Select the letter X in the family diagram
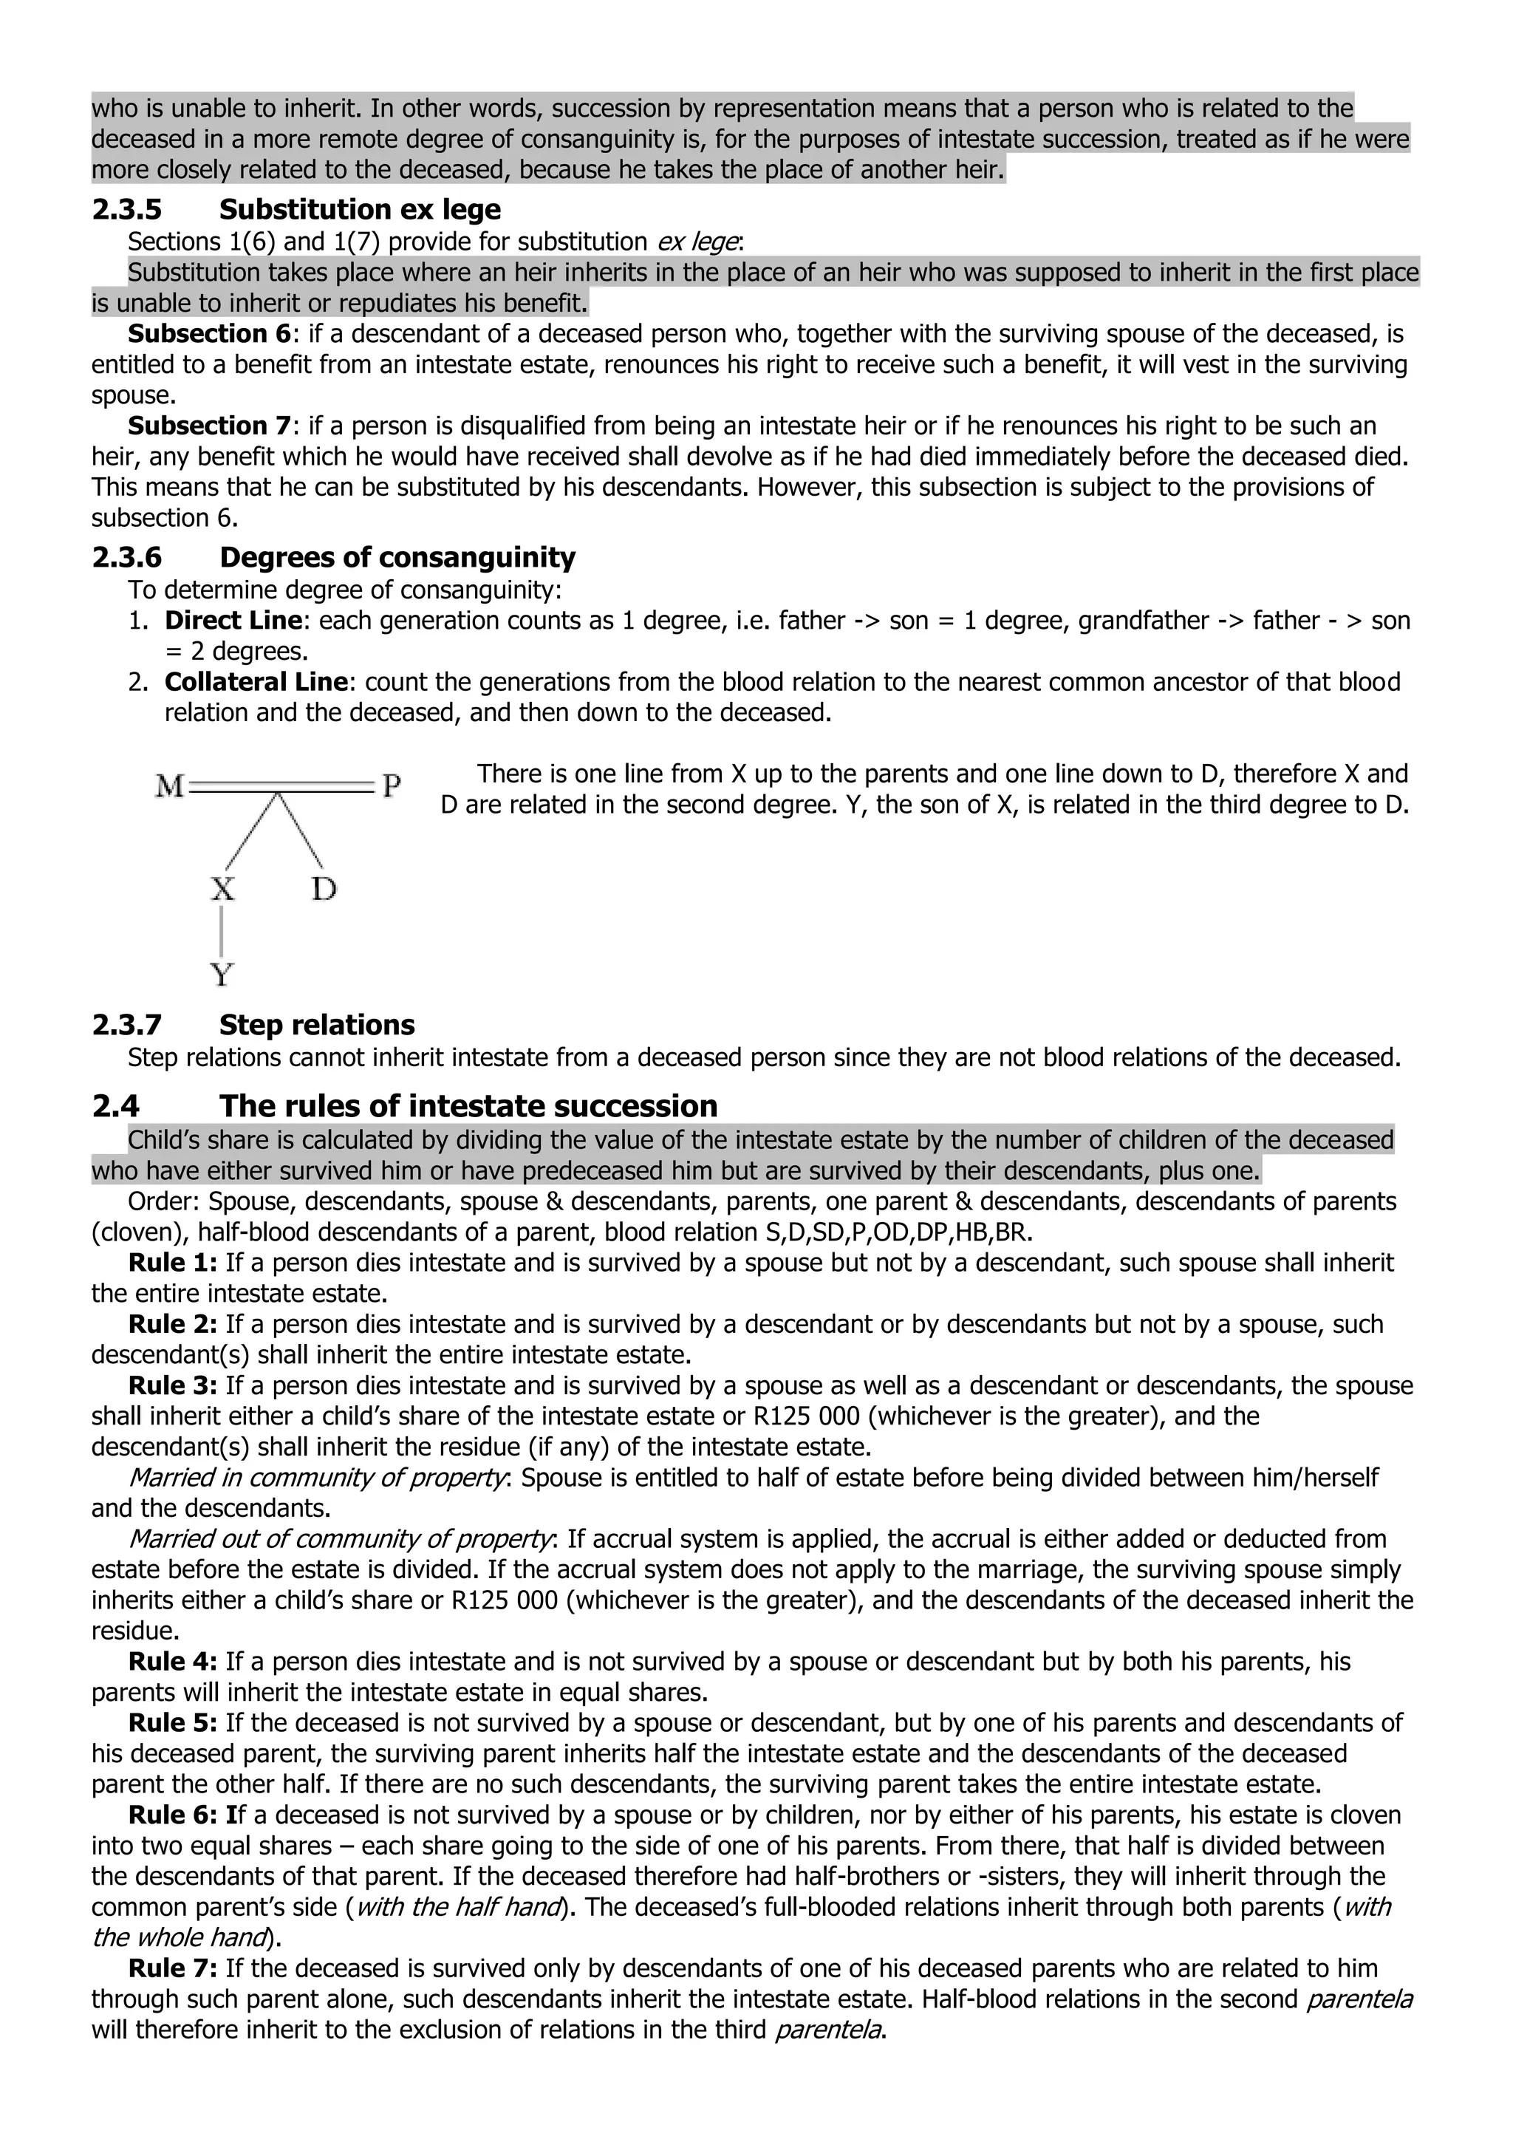[222, 889]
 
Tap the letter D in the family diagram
[324, 889]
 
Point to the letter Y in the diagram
[222, 975]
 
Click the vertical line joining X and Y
[222, 932]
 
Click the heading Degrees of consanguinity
[397, 557]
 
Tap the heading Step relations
[317, 1025]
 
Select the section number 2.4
[115, 1106]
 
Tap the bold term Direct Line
[233, 621]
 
